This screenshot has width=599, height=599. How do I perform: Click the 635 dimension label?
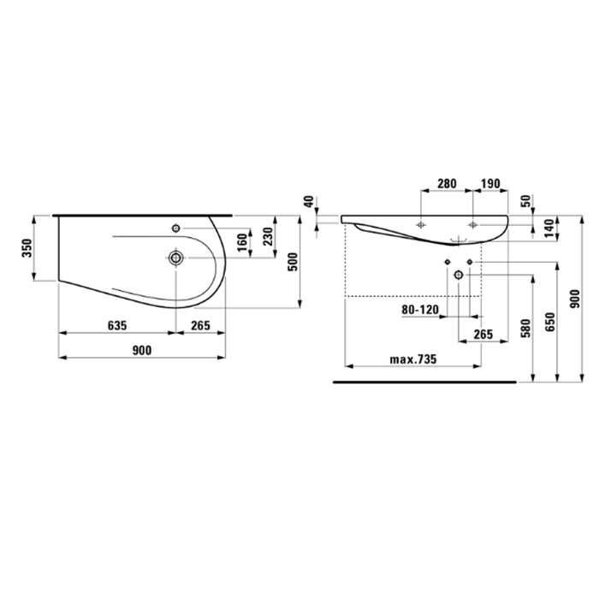(x=117, y=325)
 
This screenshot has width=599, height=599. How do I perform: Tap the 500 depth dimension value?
(x=293, y=262)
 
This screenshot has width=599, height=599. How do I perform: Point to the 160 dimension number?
(x=242, y=242)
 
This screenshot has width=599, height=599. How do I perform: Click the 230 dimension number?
(x=268, y=236)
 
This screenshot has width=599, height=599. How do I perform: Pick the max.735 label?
(x=413, y=359)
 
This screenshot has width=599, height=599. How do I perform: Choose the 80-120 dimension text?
(x=420, y=310)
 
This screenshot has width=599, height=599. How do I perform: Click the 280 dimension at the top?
(x=447, y=184)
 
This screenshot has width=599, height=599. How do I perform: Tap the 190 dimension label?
(x=490, y=184)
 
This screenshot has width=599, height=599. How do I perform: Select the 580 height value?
(x=526, y=328)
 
